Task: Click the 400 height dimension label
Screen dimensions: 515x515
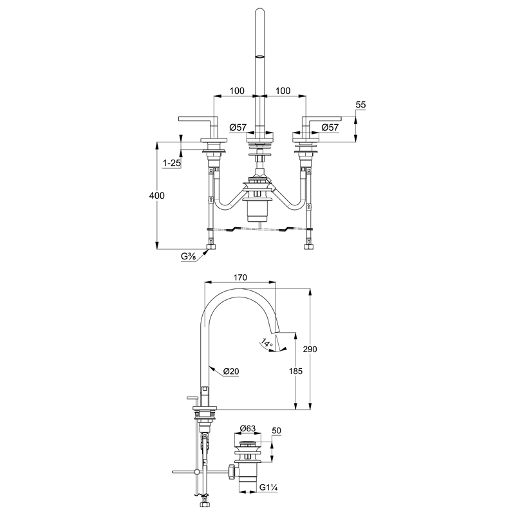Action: click(x=156, y=196)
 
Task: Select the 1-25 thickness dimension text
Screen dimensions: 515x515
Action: click(x=172, y=163)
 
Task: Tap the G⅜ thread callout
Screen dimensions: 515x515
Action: click(x=189, y=256)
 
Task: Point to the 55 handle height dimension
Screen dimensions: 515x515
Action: click(x=360, y=105)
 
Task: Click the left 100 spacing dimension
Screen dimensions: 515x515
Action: click(x=237, y=91)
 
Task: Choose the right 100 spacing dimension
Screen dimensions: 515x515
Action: click(x=283, y=91)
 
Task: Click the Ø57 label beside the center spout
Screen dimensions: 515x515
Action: click(x=238, y=127)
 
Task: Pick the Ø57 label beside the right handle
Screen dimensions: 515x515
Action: click(x=330, y=127)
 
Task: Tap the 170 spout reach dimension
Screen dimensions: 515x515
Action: click(x=240, y=277)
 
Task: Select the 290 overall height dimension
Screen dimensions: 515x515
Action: click(x=310, y=349)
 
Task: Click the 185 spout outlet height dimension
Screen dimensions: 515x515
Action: click(x=295, y=371)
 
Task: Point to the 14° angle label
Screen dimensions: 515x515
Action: click(x=267, y=343)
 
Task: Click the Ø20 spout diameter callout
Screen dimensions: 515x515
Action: click(x=231, y=371)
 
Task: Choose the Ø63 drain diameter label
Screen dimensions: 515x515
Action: click(x=248, y=429)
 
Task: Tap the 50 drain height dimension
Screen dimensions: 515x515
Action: click(x=277, y=431)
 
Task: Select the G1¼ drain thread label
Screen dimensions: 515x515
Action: click(x=268, y=488)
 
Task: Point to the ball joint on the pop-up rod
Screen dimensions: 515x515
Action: click(x=197, y=472)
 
